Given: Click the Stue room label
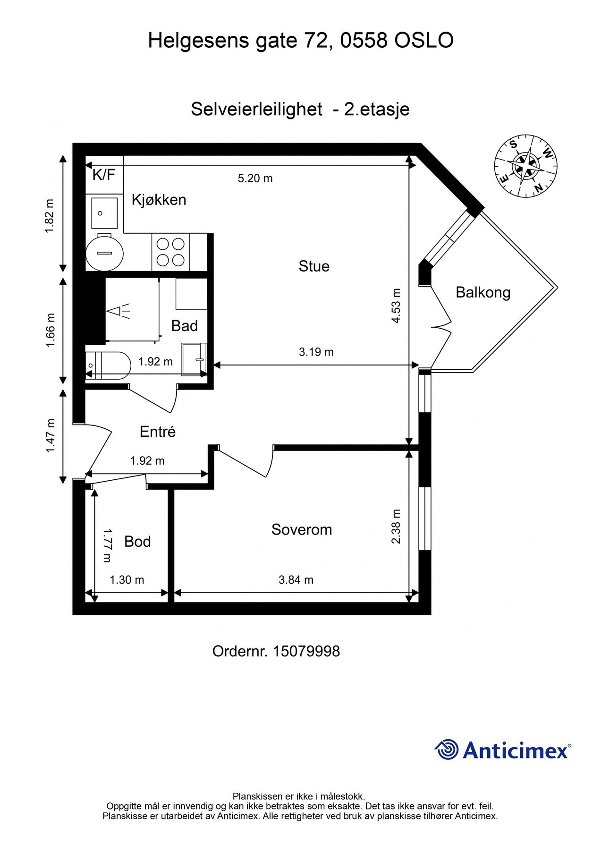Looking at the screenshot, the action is click(314, 266).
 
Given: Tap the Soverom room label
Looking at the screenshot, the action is click(302, 530).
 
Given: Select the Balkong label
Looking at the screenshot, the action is click(483, 293).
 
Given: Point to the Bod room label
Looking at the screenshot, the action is click(137, 542).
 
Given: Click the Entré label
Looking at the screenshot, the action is click(158, 431).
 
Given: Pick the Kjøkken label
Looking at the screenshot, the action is click(159, 200).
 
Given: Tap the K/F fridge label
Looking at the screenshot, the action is click(104, 175).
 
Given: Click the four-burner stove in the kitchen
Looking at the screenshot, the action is click(170, 252).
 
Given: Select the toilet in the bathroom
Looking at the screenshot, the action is click(108, 365).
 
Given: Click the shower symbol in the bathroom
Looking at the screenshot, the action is click(119, 311).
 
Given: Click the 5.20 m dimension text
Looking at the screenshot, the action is click(255, 178).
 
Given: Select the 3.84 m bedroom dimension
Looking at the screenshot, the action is click(296, 580).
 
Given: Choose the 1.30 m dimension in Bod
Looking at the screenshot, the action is click(127, 580).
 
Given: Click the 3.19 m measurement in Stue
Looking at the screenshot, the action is click(316, 352).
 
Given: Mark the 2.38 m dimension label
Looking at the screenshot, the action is click(396, 526).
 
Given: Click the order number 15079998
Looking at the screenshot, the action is click(306, 652).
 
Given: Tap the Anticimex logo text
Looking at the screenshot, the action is click(517, 750).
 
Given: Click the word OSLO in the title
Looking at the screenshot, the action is click(423, 41).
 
